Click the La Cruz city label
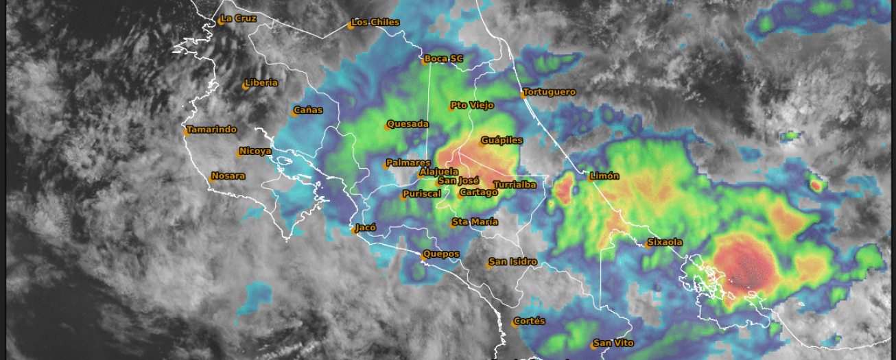click(x=238, y=19)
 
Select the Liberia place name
click(x=261, y=83)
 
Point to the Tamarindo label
click(x=211, y=130)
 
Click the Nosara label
click(x=228, y=176)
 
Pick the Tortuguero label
click(x=549, y=92)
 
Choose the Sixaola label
click(x=665, y=242)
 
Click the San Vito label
click(x=613, y=343)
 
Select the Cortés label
click(x=529, y=321)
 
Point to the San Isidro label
click(x=512, y=262)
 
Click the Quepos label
click(x=441, y=254)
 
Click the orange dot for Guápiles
click(x=481, y=143)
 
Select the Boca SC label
click(x=443, y=59)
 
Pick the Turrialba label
click(x=515, y=184)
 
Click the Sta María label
click(x=475, y=221)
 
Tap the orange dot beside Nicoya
click(x=239, y=154)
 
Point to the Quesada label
click(x=408, y=124)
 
